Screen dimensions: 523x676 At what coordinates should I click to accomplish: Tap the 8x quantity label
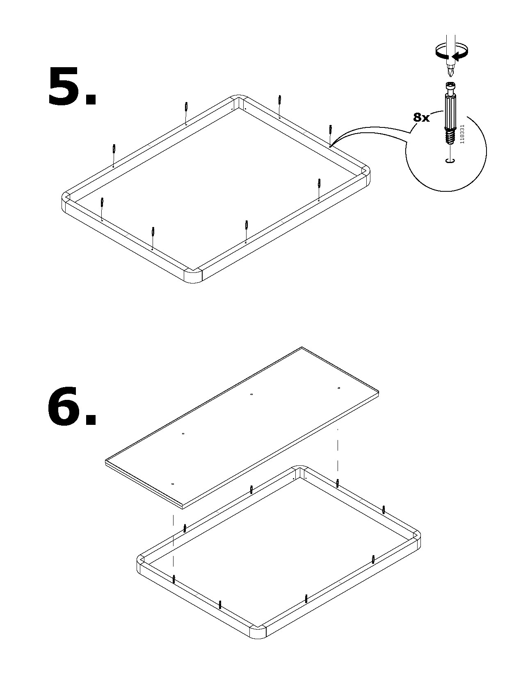pos(421,118)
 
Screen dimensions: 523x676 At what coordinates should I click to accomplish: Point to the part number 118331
pos(462,134)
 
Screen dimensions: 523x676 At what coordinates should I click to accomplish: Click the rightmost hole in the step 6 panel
pos(338,388)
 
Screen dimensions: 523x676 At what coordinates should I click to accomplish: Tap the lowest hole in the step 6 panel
pos(173,484)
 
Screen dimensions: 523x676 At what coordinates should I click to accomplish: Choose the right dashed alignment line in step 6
pos(338,454)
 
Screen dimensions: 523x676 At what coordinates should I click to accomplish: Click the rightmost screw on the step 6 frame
pos(384,510)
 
